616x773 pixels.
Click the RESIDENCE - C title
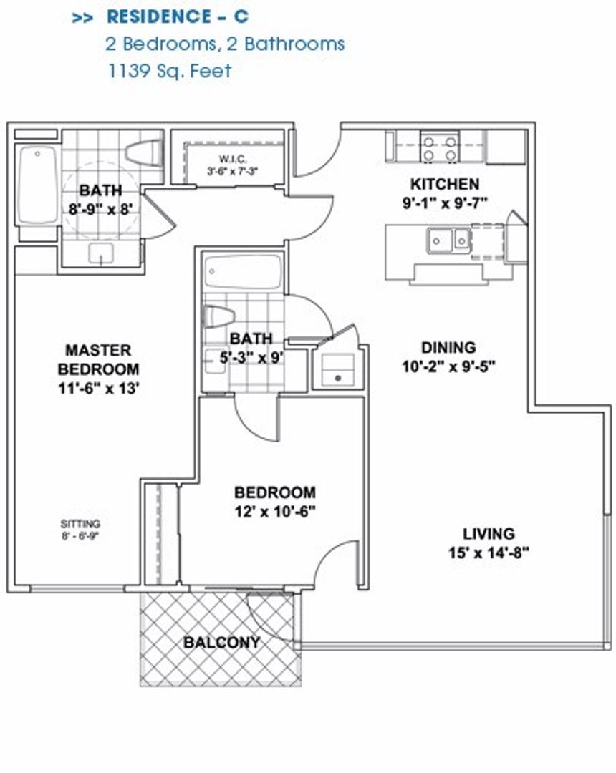pyautogui.click(x=178, y=16)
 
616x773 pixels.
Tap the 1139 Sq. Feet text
pyautogui.click(x=169, y=71)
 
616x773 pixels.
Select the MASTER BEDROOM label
pyautogui.click(x=99, y=359)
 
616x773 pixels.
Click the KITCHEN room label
pyautogui.click(x=444, y=184)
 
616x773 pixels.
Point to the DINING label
pyautogui.click(x=448, y=348)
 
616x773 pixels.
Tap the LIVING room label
pyautogui.click(x=489, y=533)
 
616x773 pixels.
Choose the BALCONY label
pyautogui.click(x=221, y=642)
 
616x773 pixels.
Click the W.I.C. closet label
pyautogui.click(x=233, y=159)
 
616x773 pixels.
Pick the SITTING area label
pyautogui.click(x=80, y=523)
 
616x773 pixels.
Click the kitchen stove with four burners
pyautogui.click(x=439, y=147)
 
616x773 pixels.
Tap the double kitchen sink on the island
pyautogui.click(x=448, y=240)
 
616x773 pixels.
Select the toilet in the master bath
pyautogui.click(x=144, y=153)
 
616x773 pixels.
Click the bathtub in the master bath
pyautogui.click(x=37, y=185)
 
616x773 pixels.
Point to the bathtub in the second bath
pyautogui.click(x=243, y=271)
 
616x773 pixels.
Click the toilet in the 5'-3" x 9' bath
pyautogui.click(x=218, y=316)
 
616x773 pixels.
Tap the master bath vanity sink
pyautogui.click(x=101, y=254)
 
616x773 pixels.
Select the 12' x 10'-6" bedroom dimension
pyautogui.click(x=275, y=512)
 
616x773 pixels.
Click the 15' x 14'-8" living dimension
pyautogui.click(x=489, y=553)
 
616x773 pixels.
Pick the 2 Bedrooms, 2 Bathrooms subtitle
pyautogui.click(x=225, y=44)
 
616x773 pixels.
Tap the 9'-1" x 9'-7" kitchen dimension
pyautogui.click(x=445, y=202)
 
